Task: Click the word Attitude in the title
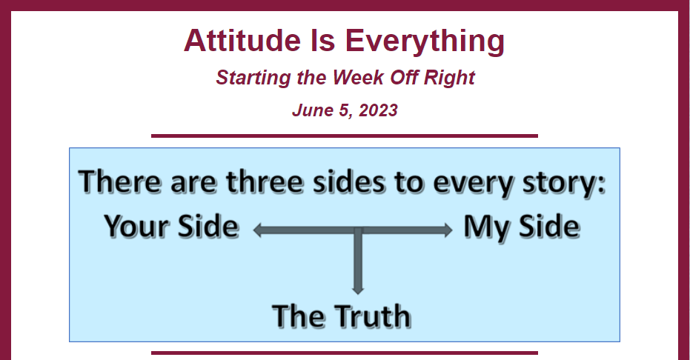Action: pos(242,41)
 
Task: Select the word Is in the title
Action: pos(323,41)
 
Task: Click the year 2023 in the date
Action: pos(378,110)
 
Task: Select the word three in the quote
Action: pos(265,182)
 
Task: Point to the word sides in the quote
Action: pos(349,182)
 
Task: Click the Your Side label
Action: pos(172,227)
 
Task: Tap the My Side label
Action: pos(522,227)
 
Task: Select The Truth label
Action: pos(342,316)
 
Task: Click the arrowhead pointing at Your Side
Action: pos(258,230)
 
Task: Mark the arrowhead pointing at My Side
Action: pos(448,230)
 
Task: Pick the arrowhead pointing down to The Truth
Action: pos(358,290)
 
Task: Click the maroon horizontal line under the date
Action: pos(345,136)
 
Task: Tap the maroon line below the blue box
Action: pos(345,353)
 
